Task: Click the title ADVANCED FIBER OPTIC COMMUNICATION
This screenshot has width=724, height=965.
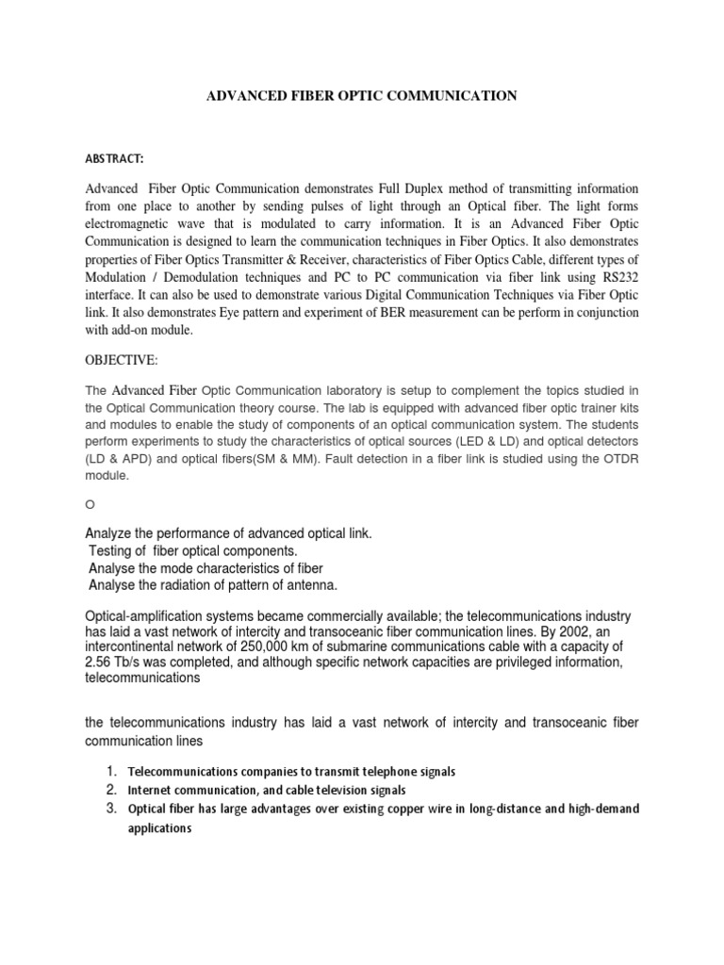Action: [x=361, y=95]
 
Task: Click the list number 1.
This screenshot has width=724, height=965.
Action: [x=110, y=772]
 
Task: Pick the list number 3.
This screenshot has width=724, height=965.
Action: [x=110, y=808]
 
